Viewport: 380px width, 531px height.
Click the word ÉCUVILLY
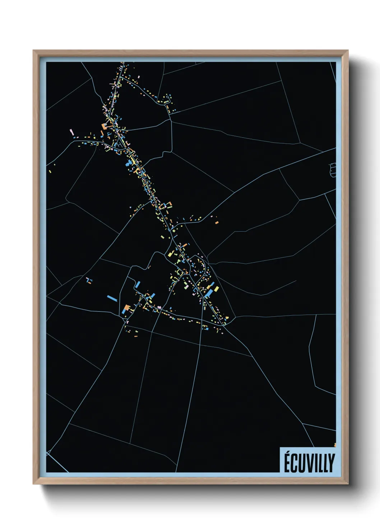[309, 462]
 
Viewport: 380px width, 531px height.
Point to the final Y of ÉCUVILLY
[331, 463]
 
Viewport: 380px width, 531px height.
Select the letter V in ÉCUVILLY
[309, 463]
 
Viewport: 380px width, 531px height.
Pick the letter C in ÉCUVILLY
[295, 463]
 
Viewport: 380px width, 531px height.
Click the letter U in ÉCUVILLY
[301, 463]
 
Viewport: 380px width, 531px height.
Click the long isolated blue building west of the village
[112, 298]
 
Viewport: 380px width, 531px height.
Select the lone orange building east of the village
[217, 222]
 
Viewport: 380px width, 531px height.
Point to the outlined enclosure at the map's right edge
[333, 169]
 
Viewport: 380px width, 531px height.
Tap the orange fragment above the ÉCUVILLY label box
[335, 445]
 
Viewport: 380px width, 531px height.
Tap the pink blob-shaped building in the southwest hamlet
[159, 307]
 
